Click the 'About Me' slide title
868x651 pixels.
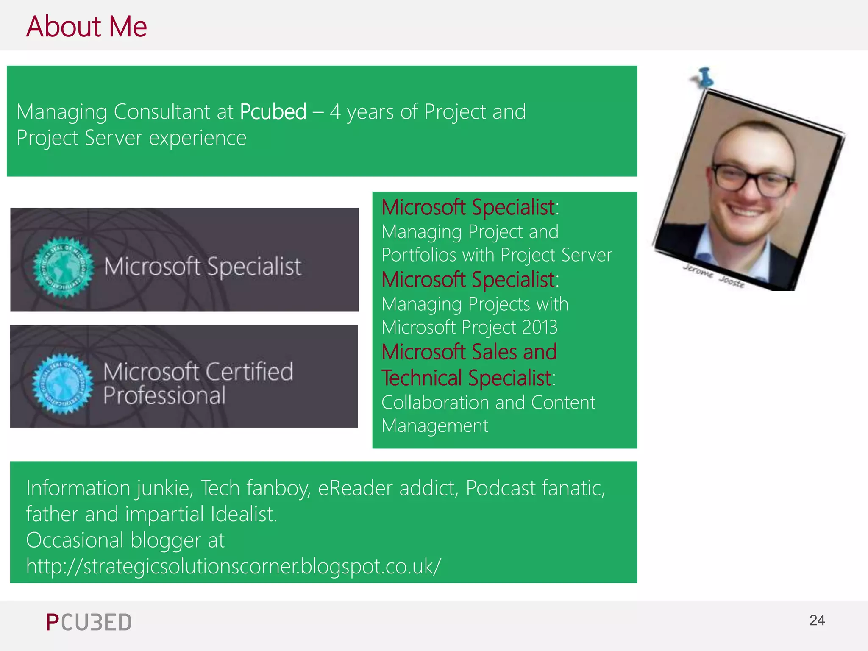click(x=86, y=26)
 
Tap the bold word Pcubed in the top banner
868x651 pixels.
click(x=273, y=112)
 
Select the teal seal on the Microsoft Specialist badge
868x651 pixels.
click(x=63, y=267)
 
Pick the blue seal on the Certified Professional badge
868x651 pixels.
click(x=62, y=383)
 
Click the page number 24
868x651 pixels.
click(x=817, y=620)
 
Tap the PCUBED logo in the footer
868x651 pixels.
click(x=89, y=623)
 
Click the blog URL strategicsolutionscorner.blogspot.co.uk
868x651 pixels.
click(x=234, y=566)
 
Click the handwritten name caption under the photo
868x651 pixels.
click(x=714, y=275)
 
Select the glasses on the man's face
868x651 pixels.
click(x=752, y=180)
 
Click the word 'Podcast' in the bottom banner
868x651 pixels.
click(x=501, y=488)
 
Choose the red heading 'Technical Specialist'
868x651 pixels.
click(x=467, y=378)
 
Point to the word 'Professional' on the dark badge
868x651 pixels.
click(x=164, y=396)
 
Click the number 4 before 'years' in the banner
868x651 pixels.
click(x=335, y=112)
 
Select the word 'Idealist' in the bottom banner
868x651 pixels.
click(x=244, y=514)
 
